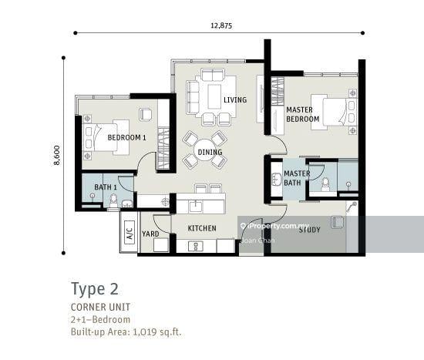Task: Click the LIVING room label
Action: pyautogui.click(x=235, y=99)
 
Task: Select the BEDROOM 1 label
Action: pyautogui.click(x=127, y=138)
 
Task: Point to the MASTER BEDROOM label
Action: pyautogui.click(x=303, y=114)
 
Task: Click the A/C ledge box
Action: pyautogui.click(x=130, y=233)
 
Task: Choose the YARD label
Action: pyautogui.click(x=150, y=234)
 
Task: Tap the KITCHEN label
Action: pyautogui.click(x=202, y=228)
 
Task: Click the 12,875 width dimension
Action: pyautogui.click(x=221, y=25)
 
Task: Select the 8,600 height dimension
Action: pyautogui.click(x=57, y=155)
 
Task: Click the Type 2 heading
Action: pyautogui.click(x=95, y=289)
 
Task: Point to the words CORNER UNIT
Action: pyautogui.click(x=100, y=307)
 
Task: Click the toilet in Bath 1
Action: pyautogui.click(x=113, y=200)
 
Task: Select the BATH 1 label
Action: pyautogui.click(x=106, y=187)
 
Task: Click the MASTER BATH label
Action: pyautogui.click(x=297, y=178)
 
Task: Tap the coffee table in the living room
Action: pyautogui.click(x=214, y=96)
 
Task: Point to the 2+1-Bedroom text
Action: pyautogui.click(x=100, y=320)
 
